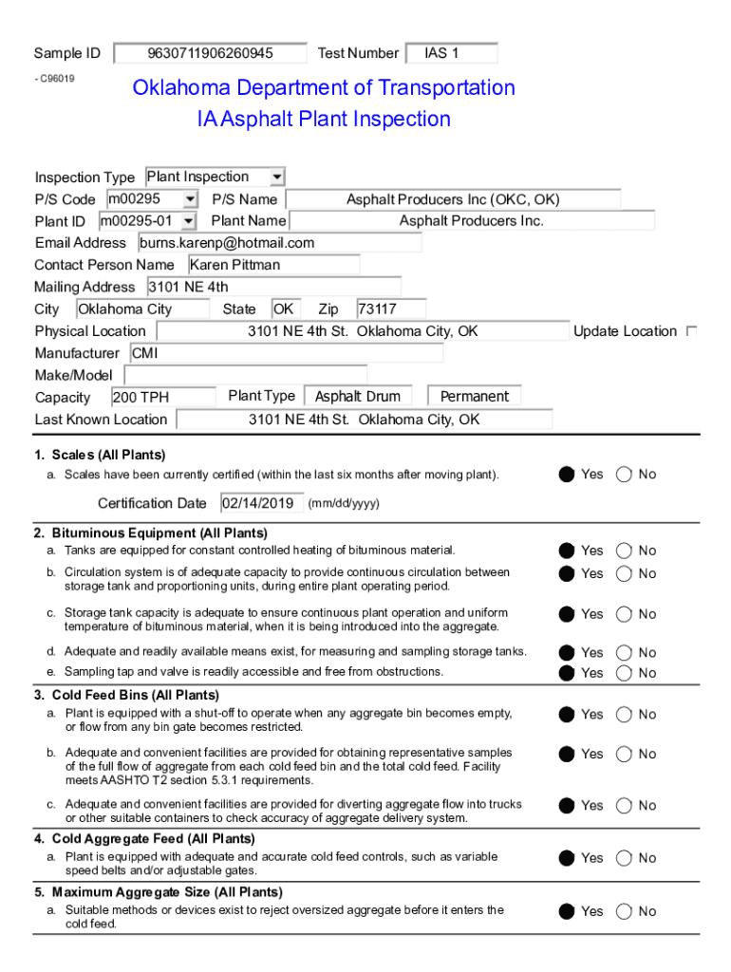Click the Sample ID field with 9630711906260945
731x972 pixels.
click(210, 53)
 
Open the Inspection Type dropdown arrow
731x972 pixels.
click(276, 178)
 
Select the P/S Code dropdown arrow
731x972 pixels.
click(190, 199)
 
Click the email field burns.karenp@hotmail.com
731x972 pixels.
click(279, 243)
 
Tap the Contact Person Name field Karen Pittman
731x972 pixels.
click(272, 265)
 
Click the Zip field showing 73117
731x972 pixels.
click(390, 309)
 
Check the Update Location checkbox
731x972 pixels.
click(691, 331)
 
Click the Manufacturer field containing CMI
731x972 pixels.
click(285, 353)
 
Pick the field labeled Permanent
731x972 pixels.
click(474, 397)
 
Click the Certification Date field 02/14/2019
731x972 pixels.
click(262, 503)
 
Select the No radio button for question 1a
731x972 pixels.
click(624, 475)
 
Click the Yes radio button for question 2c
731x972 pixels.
click(567, 614)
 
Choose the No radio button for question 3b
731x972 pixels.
click(624, 755)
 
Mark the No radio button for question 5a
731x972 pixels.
click(624, 912)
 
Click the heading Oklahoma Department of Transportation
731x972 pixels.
click(324, 88)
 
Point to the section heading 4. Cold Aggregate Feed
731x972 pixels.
click(144, 839)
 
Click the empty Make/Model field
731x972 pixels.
click(245, 375)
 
